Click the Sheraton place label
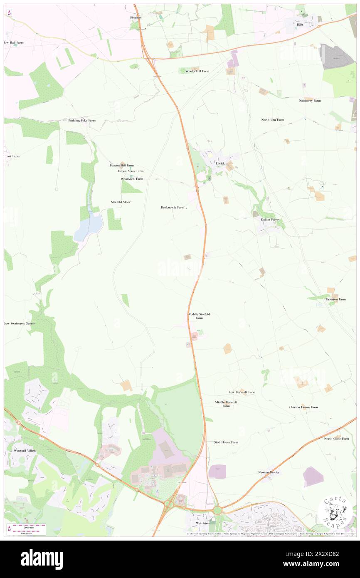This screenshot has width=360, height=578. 136,17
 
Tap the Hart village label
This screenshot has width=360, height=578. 300,25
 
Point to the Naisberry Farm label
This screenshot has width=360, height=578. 310,101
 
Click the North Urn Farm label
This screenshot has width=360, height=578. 272,120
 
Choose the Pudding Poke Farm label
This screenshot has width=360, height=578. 82,121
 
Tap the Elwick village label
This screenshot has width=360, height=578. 220,163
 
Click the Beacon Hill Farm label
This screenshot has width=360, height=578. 121,165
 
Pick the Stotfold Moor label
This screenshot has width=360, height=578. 121,202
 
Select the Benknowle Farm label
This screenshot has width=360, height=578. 172,207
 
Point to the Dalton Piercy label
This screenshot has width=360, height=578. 270,220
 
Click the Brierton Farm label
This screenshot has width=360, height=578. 336,299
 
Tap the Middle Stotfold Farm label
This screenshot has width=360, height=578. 199,316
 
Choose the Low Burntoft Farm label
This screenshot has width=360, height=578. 242,392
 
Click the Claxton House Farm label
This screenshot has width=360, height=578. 303,407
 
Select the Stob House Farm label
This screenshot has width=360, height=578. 226,442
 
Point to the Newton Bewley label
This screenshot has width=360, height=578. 269,472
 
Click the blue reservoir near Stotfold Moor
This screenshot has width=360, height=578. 89,226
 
